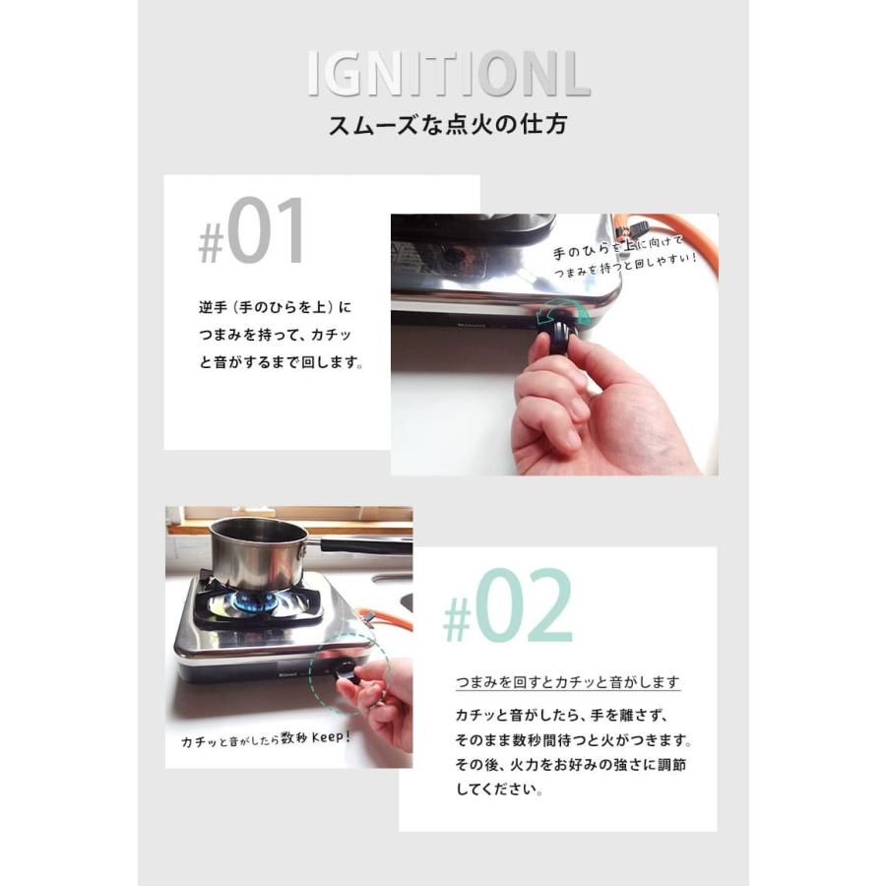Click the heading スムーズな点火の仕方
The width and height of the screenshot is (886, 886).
(447, 126)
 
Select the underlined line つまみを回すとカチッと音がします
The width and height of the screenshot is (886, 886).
(568, 681)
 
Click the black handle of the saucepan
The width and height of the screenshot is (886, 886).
(364, 543)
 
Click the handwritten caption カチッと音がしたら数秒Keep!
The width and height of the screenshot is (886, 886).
(267, 738)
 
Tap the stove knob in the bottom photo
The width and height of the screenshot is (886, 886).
(348, 672)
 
